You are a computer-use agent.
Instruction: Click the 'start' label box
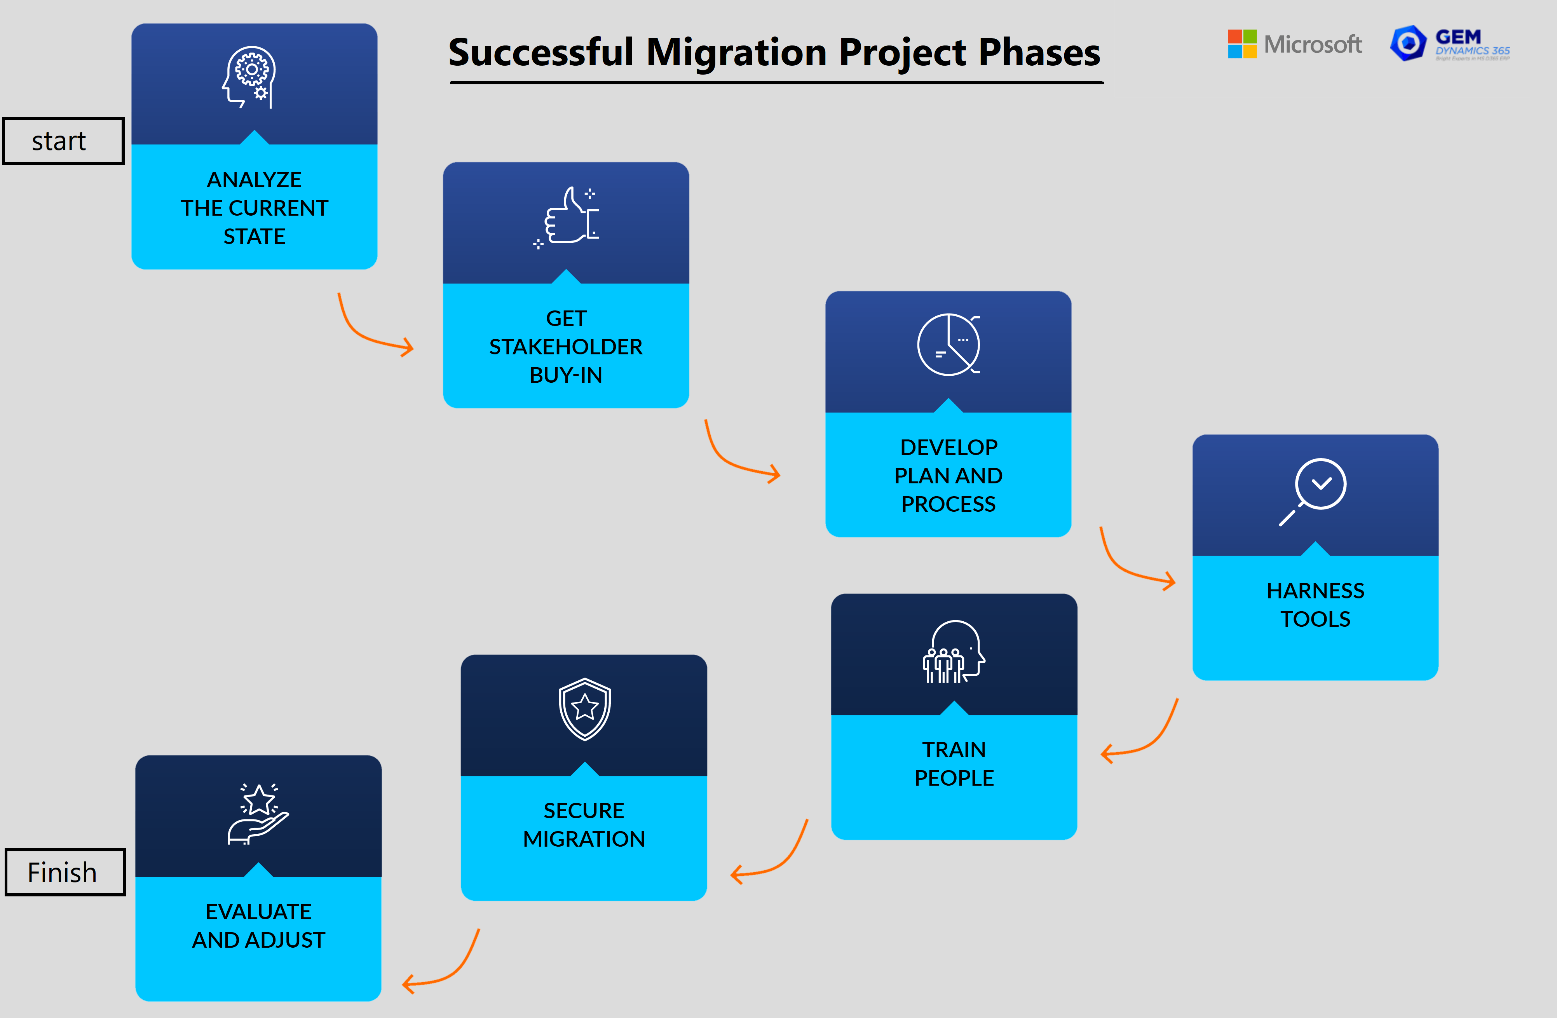[x=63, y=141]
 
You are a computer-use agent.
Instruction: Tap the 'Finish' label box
[x=65, y=872]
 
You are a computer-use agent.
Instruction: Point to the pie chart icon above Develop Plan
[x=948, y=345]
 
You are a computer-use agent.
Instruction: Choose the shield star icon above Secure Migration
[x=584, y=709]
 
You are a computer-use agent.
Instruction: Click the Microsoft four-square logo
[x=1241, y=44]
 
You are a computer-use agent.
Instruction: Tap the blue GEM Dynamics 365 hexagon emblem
[x=1408, y=43]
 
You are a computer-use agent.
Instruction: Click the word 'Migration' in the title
[x=737, y=52]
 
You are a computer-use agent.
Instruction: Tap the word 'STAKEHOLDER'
[x=566, y=347]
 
